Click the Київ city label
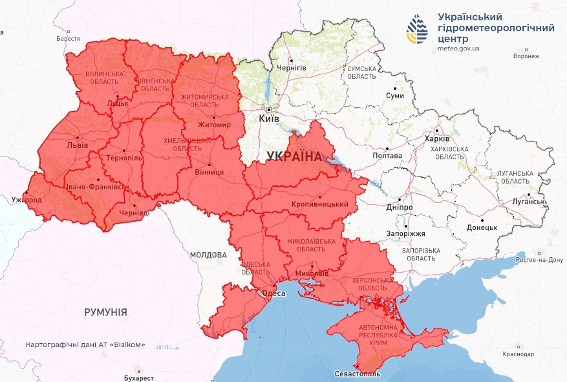tap(269, 119)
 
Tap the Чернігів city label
tap(291, 67)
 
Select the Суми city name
tap(394, 96)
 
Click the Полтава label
tap(387, 156)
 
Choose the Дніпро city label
tap(400, 207)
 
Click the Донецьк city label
tap(482, 228)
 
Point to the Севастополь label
tap(358, 374)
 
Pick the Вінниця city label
tap(209, 173)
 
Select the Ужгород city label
tap(27, 200)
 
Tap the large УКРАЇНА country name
tap(294, 156)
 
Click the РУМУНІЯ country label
tap(105, 312)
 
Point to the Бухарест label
tap(138, 377)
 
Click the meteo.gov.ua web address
tap(458, 48)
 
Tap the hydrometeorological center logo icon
tap(417, 28)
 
